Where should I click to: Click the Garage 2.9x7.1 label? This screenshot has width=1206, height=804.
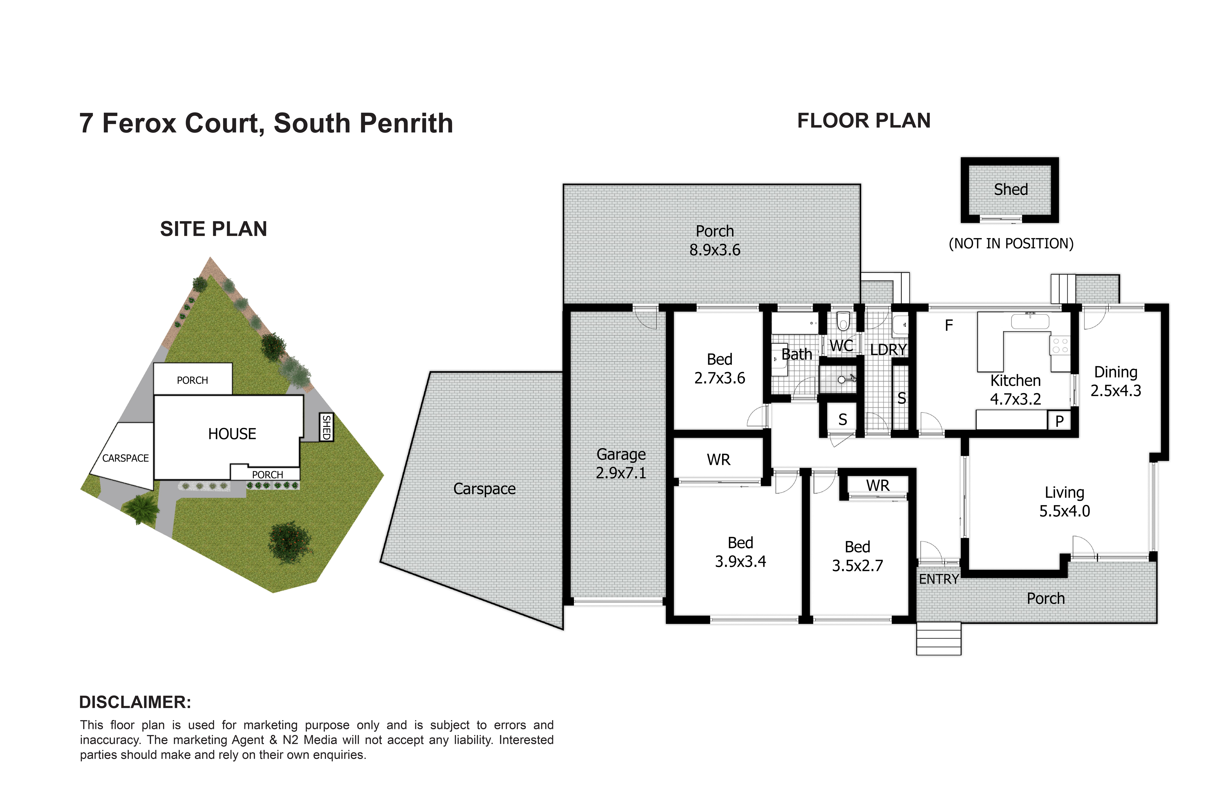click(x=621, y=464)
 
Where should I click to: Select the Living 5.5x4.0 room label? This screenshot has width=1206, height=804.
click(x=1065, y=501)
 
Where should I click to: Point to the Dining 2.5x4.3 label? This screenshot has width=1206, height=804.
click(x=1116, y=381)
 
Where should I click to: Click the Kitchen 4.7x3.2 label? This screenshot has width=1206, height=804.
click(x=1015, y=390)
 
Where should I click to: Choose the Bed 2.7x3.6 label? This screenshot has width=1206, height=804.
click(x=719, y=369)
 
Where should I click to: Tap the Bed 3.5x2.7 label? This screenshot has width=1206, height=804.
click(x=857, y=556)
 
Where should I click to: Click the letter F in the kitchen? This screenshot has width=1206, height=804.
click(x=949, y=325)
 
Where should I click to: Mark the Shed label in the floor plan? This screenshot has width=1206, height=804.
click(x=1011, y=190)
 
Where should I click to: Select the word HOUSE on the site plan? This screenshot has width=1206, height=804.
click(x=232, y=434)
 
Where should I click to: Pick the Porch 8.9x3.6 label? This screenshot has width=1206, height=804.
click(x=715, y=241)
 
